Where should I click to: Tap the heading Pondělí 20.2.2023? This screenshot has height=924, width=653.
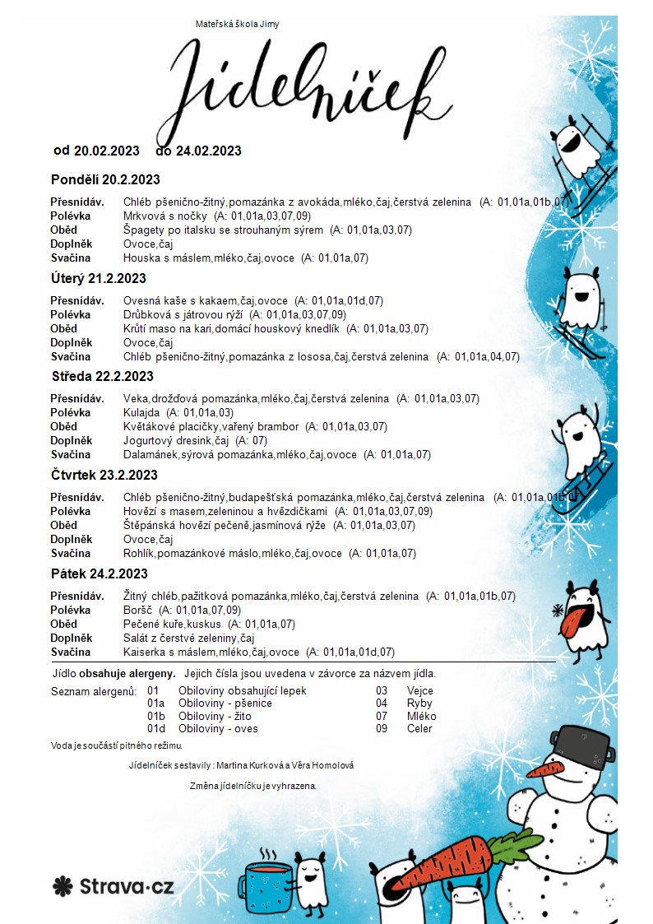tap(105, 179)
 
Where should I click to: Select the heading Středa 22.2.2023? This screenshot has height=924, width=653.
tap(102, 377)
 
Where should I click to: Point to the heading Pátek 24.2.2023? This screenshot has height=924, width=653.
tap(100, 573)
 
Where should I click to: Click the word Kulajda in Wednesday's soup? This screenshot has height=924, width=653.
tap(141, 412)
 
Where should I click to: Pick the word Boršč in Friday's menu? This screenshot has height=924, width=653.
tap(137, 610)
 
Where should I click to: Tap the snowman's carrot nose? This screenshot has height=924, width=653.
tap(545, 770)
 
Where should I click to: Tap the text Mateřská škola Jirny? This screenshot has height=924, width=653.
tap(237, 24)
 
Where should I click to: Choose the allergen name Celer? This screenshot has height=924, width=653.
tap(419, 728)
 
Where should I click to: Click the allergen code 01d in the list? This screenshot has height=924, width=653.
tap(156, 728)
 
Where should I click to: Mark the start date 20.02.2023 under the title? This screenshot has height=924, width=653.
tap(108, 151)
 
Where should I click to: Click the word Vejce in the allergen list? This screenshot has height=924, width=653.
tap(420, 691)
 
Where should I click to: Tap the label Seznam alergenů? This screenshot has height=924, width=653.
tap(94, 691)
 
